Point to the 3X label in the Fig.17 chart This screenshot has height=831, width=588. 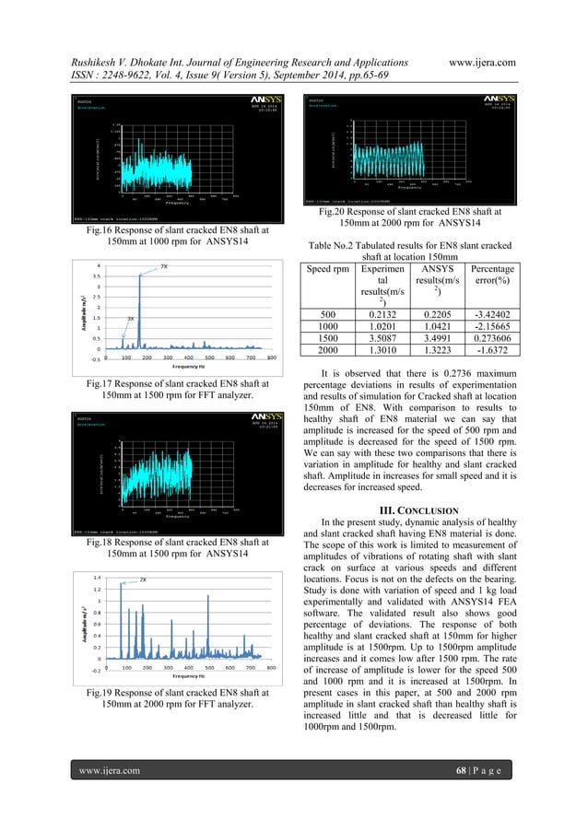pos(131,318)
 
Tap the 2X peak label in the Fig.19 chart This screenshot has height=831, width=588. pos(143,579)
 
